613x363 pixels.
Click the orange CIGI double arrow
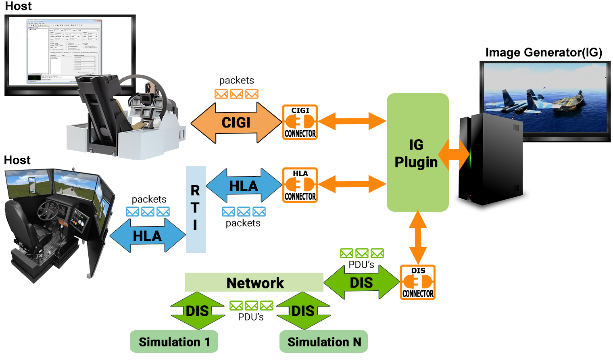click(236, 123)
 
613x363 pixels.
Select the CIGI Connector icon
click(300, 122)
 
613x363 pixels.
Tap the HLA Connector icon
click(300, 185)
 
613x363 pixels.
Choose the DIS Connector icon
click(418, 282)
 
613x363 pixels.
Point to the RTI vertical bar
click(196, 209)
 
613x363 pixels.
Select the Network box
click(254, 282)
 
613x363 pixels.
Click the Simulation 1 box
click(174, 342)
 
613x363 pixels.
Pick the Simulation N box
click(323, 342)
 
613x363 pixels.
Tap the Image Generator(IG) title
click(544, 52)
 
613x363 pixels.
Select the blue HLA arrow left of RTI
click(148, 236)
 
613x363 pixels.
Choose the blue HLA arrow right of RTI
click(244, 186)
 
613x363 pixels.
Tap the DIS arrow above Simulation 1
click(198, 311)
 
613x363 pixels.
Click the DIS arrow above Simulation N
click(303, 311)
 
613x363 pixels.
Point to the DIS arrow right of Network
click(361, 282)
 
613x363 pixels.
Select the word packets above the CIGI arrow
click(237, 80)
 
